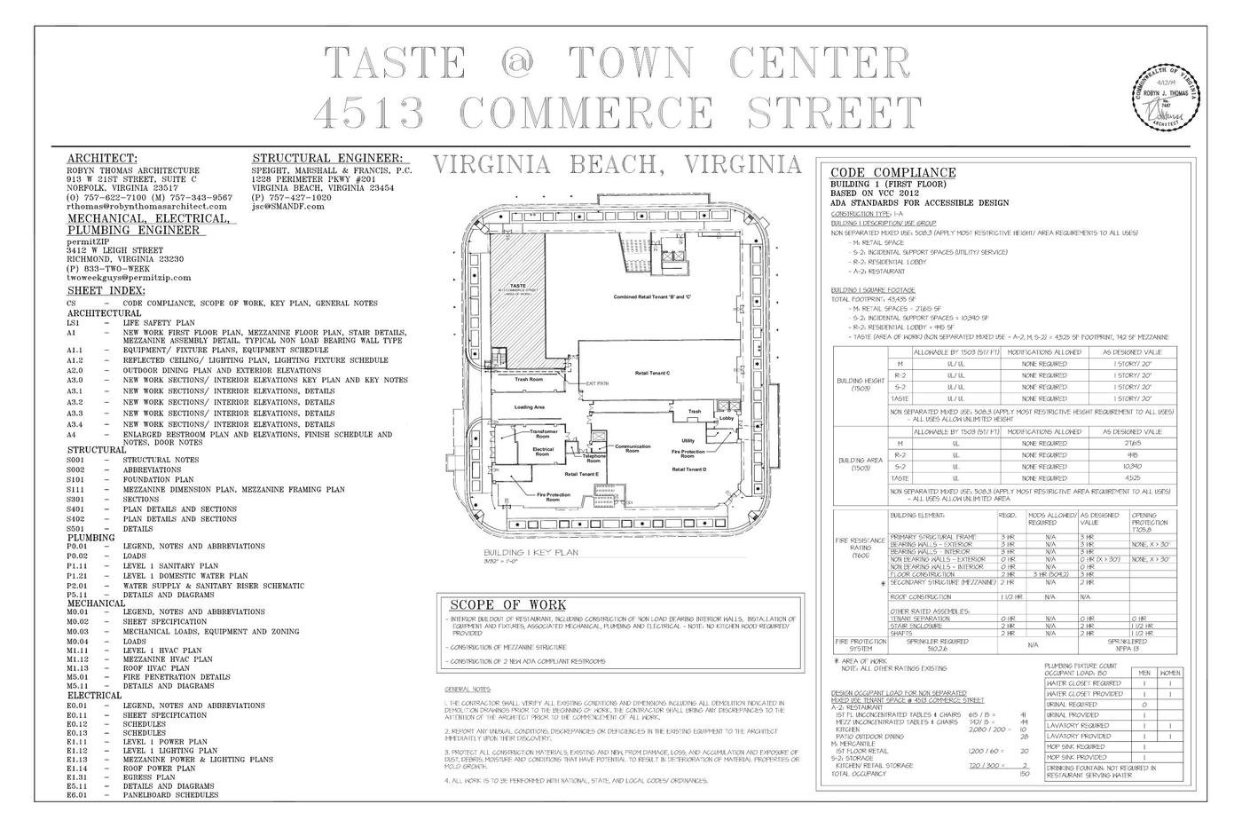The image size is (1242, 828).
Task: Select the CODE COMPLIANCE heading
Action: [x=892, y=172]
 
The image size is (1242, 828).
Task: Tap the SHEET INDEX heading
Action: [x=106, y=290]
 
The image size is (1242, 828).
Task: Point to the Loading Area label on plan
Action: [x=530, y=407]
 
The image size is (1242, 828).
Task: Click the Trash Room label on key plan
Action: [x=530, y=379]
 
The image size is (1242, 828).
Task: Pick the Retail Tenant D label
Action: [x=688, y=469]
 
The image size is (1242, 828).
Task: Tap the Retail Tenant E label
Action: [x=582, y=475]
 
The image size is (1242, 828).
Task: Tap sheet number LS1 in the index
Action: [x=74, y=323]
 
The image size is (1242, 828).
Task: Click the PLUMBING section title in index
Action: [x=91, y=538]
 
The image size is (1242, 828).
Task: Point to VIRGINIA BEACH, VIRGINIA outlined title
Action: [x=617, y=165]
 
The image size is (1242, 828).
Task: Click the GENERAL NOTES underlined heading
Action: [x=468, y=690]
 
